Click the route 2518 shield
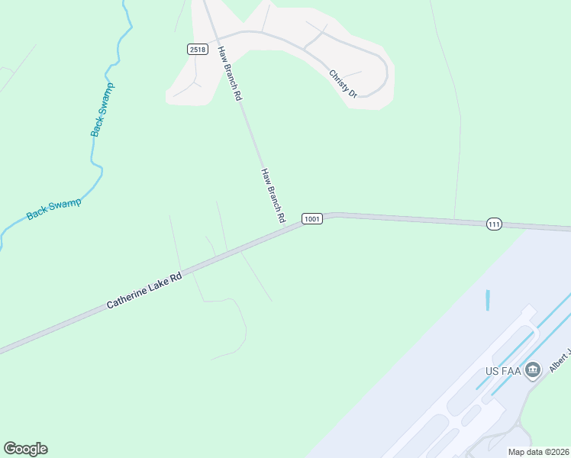click(x=197, y=49)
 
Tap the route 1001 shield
click(x=311, y=219)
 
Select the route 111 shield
click(x=495, y=224)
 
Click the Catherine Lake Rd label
click(x=144, y=291)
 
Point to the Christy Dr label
click(x=343, y=83)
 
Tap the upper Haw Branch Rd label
click(x=230, y=74)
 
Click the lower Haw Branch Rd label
click(x=273, y=195)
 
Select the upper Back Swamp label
click(x=102, y=110)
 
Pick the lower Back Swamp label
click(x=53, y=208)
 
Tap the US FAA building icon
click(x=533, y=371)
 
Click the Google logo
click(x=25, y=449)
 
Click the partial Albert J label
click(x=559, y=359)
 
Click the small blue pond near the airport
click(x=487, y=299)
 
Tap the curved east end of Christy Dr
click(x=385, y=73)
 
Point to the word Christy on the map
click(x=338, y=79)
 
